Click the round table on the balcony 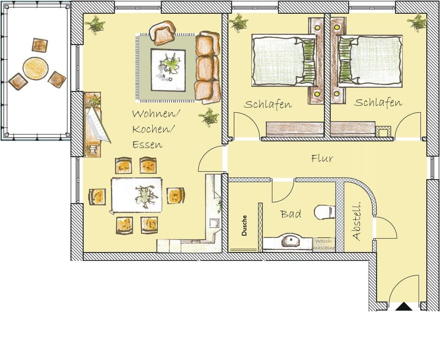(x=35, y=68)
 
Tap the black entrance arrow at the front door (x=404, y=307)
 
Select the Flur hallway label (x=322, y=159)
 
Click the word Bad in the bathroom (x=291, y=214)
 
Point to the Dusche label (x=244, y=225)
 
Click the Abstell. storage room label (x=357, y=222)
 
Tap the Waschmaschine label (x=324, y=244)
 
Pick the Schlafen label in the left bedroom (x=268, y=104)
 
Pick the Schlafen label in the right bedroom (x=378, y=103)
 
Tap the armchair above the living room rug (x=163, y=33)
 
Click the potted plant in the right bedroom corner (x=417, y=22)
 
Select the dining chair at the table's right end (x=176, y=196)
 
